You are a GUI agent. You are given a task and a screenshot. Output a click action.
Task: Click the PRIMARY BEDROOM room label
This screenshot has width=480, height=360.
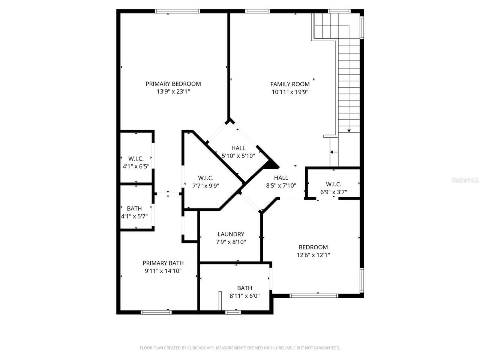[x=173, y=84]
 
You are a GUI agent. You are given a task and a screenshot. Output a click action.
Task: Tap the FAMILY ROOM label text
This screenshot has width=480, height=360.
[x=290, y=84]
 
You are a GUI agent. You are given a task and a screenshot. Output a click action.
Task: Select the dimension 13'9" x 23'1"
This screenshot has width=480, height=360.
[x=173, y=91]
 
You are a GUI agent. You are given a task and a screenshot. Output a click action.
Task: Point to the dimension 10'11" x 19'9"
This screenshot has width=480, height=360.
[x=290, y=92]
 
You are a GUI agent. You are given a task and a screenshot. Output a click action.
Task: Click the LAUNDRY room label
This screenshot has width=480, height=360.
[x=231, y=234]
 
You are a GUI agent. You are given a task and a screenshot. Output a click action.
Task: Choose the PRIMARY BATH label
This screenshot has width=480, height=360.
[x=163, y=263]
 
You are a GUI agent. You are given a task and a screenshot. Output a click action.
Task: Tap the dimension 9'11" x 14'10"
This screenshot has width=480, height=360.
[x=163, y=271]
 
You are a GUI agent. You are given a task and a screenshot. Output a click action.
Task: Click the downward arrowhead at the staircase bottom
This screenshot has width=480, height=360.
[x=349, y=130]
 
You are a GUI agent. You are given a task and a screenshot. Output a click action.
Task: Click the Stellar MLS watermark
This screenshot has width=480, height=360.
[x=465, y=180]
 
